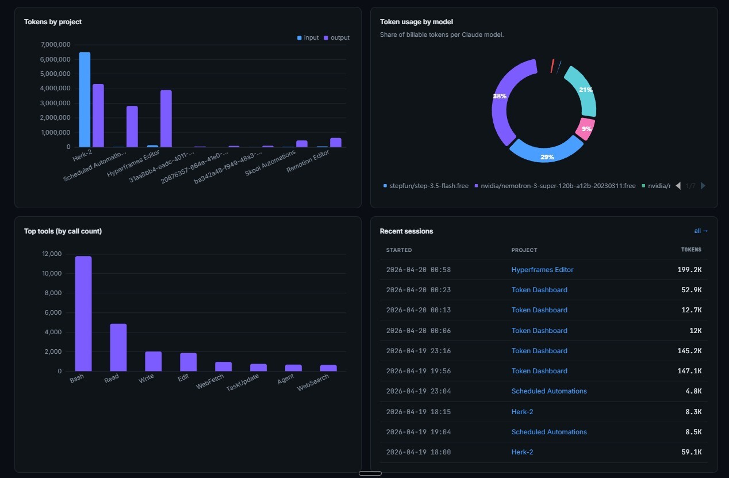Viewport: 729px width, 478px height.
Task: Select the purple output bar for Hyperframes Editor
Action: coord(166,118)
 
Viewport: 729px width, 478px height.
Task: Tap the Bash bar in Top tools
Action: coord(83,313)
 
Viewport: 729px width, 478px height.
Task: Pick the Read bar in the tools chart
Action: coord(118,347)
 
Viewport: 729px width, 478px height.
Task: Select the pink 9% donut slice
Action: coord(586,129)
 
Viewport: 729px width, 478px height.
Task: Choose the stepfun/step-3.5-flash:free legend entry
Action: coord(426,186)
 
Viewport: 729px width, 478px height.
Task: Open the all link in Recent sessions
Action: coord(701,231)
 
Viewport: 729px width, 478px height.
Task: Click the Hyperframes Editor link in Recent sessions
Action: coord(542,270)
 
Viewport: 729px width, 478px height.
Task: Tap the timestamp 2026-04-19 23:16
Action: coord(418,351)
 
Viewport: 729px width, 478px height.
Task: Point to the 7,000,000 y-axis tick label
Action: coord(55,45)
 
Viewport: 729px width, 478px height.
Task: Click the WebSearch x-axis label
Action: coord(313,384)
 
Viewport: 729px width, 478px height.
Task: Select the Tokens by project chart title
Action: coord(53,22)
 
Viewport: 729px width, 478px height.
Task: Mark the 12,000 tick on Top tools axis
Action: coord(52,254)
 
